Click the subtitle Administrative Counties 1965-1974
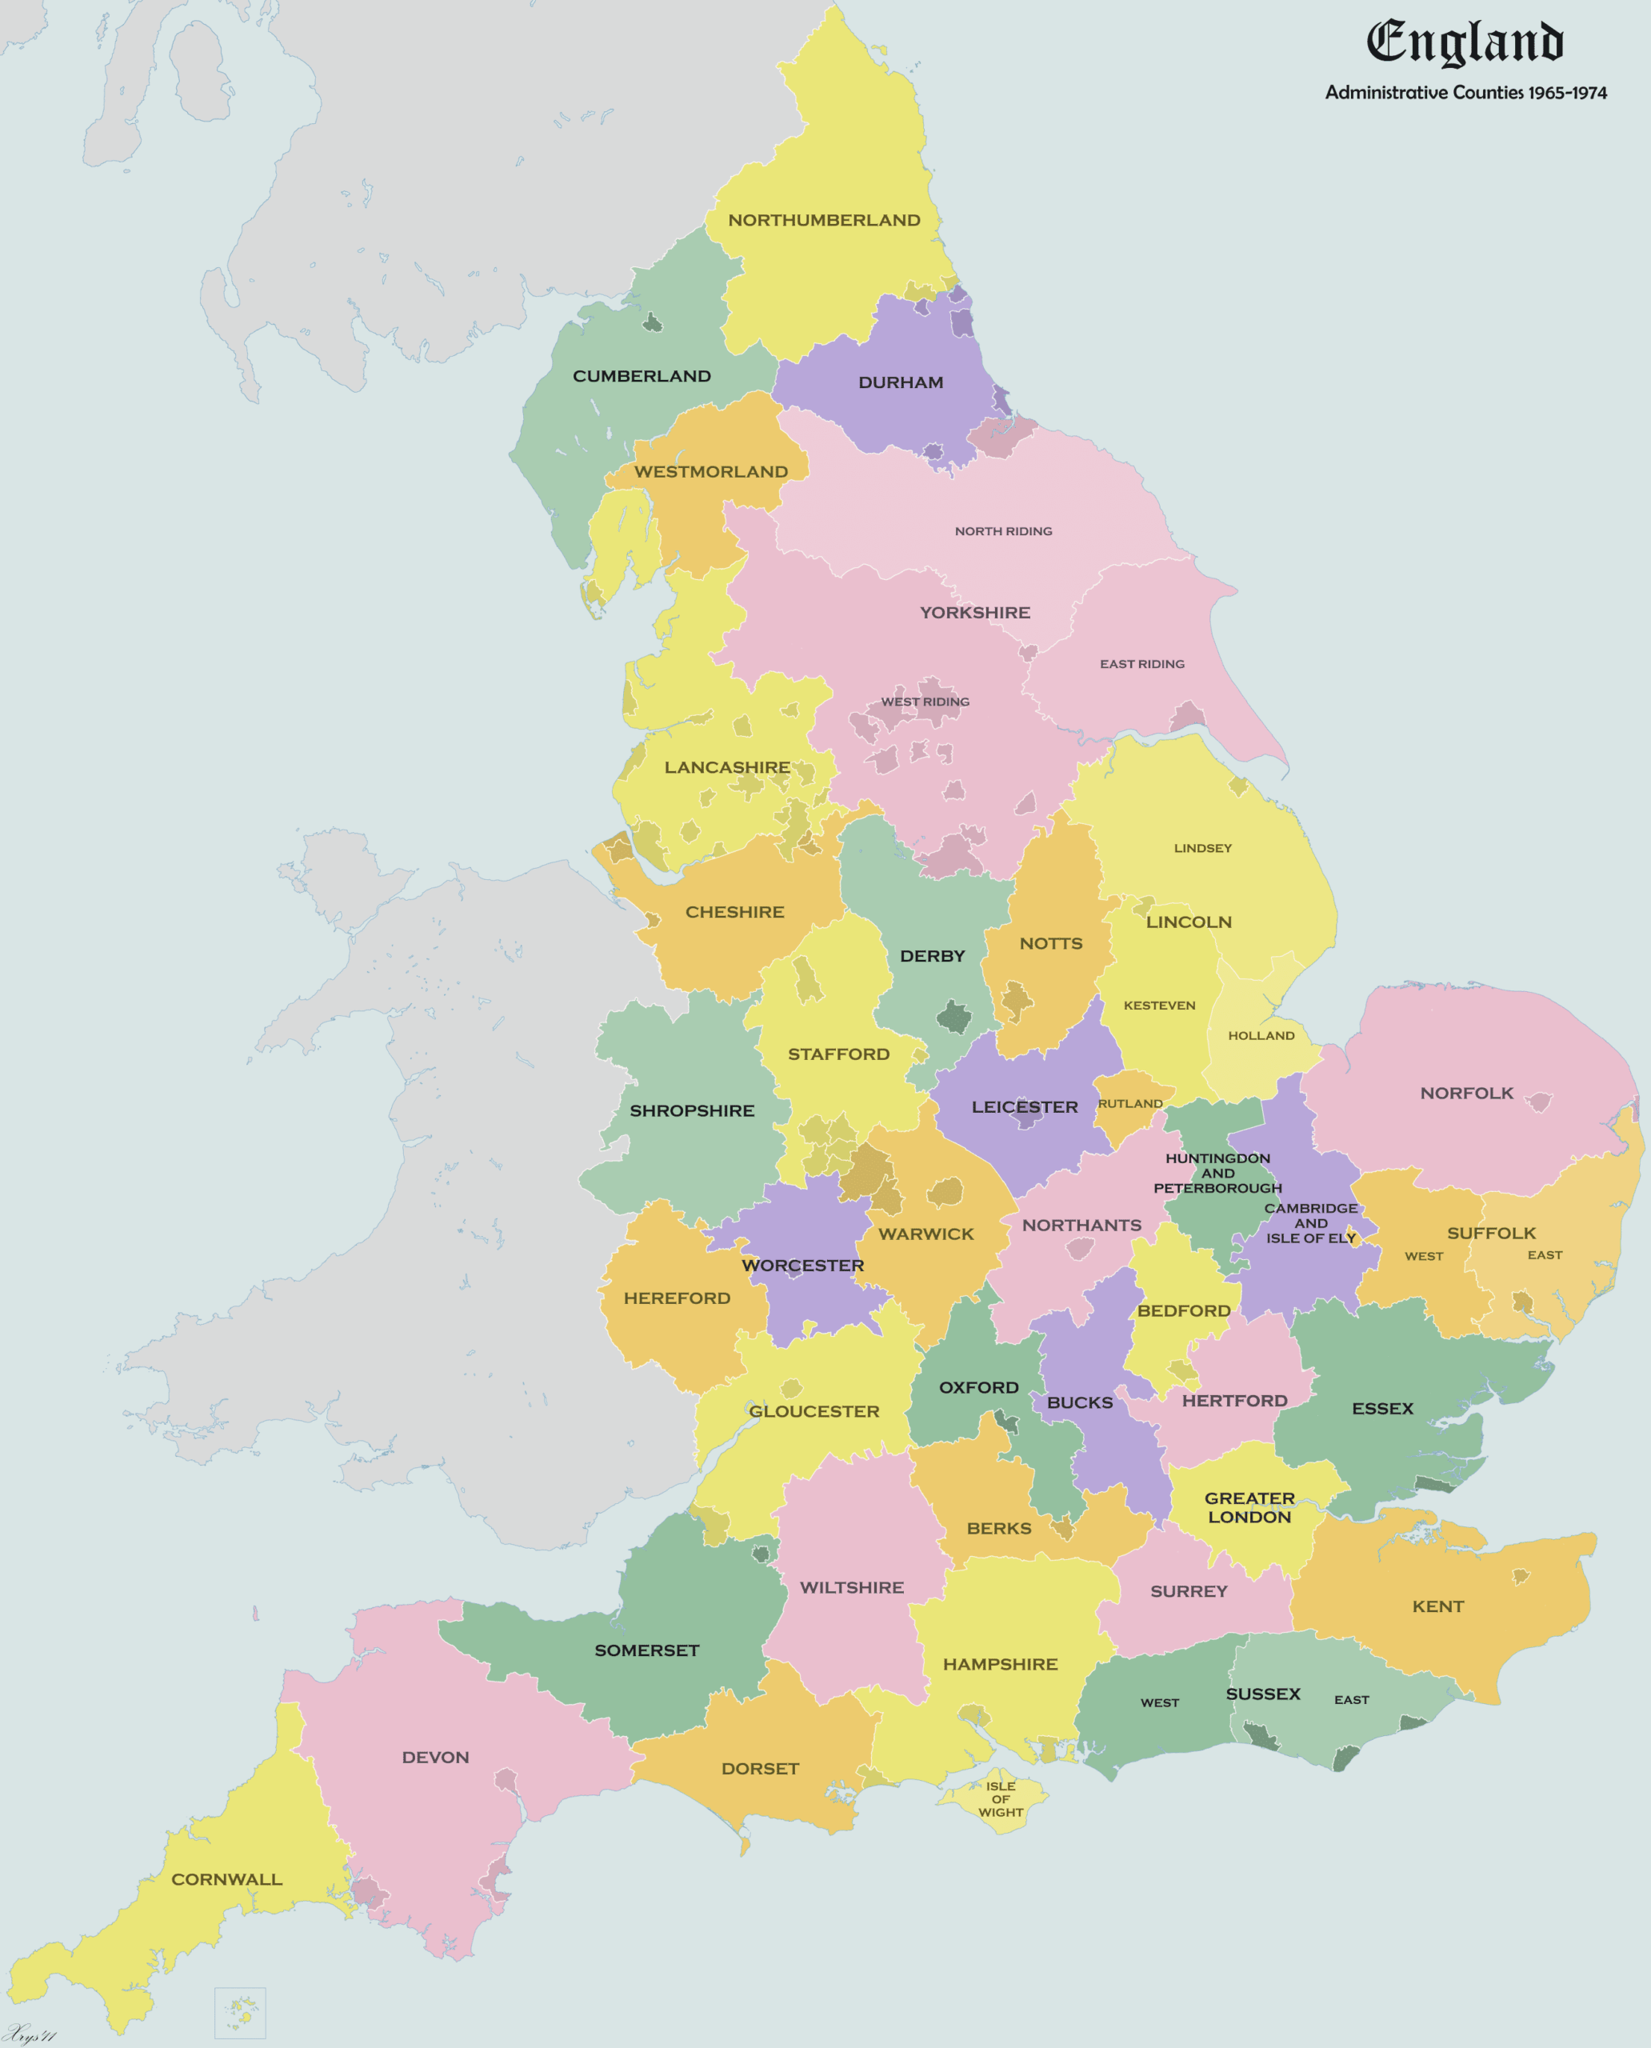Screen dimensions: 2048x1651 [1465, 92]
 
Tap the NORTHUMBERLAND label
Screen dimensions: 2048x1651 [824, 220]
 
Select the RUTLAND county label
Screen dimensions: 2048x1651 [1129, 1103]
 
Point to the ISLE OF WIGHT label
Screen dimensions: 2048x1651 [1001, 1798]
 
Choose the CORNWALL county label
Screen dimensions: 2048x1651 [226, 1878]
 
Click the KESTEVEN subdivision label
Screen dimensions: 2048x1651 [1159, 1005]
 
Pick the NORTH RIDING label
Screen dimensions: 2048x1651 [1003, 530]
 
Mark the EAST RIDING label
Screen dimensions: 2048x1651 [1141, 664]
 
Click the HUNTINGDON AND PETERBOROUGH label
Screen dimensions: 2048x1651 [1217, 1173]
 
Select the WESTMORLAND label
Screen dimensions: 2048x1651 [710, 472]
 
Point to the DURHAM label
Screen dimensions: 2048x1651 [901, 382]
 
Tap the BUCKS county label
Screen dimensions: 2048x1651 [1079, 1402]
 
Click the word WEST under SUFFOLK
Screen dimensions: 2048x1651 [1423, 1256]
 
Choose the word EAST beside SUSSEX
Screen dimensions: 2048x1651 [1350, 1699]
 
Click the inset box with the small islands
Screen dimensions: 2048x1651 [240, 2012]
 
